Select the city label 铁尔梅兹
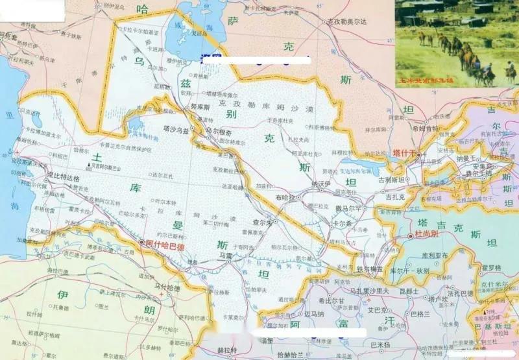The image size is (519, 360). (x=370, y=269)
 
